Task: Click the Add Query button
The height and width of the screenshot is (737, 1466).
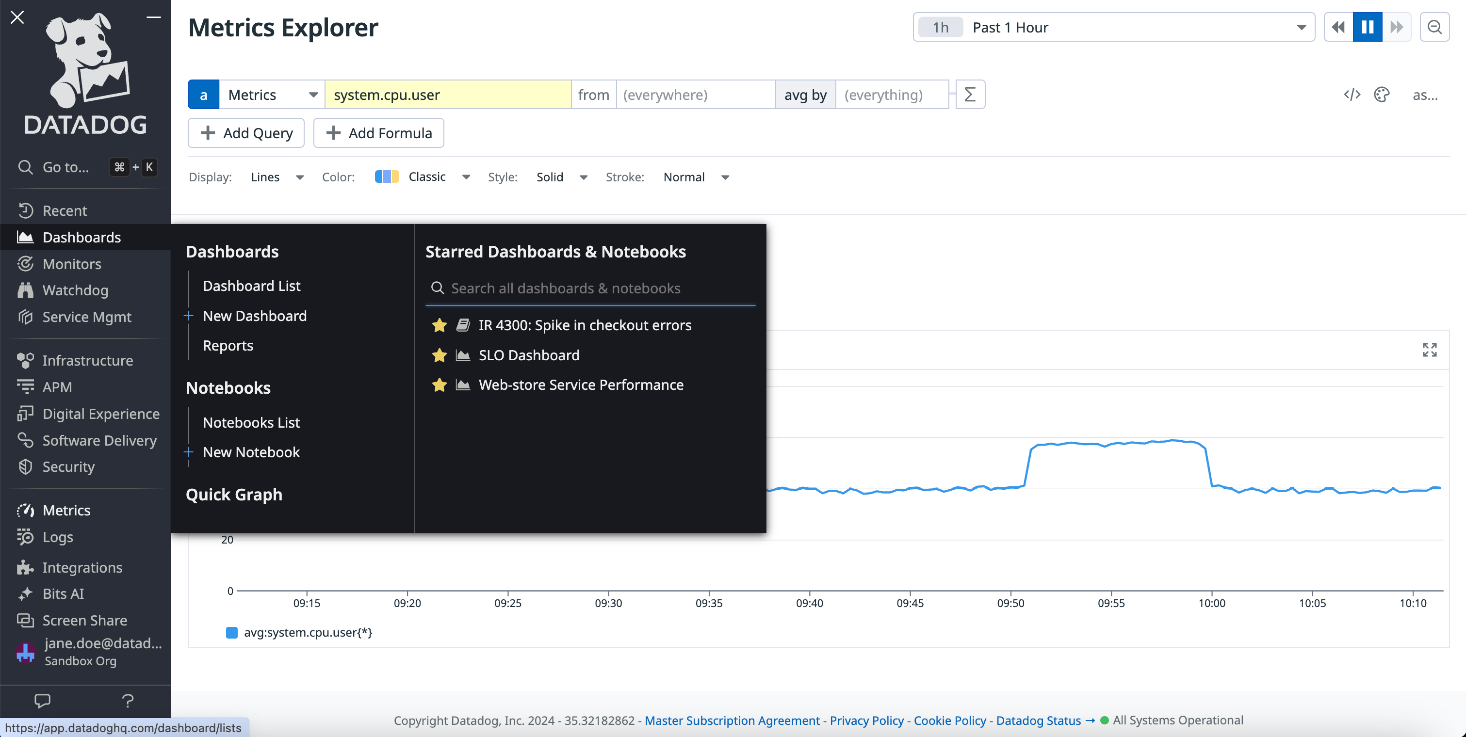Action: point(246,133)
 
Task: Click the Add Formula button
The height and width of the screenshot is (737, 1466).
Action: point(378,133)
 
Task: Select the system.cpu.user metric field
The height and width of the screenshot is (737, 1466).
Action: point(447,95)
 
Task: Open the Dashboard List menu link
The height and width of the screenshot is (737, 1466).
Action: point(252,286)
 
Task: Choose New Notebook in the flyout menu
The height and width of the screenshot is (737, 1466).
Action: point(251,452)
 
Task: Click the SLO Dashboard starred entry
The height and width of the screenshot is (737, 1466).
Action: point(529,355)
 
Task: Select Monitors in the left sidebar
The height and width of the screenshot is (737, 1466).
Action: point(72,264)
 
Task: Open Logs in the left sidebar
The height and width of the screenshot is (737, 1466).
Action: point(57,537)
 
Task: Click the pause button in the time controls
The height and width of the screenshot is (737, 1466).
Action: point(1368,27)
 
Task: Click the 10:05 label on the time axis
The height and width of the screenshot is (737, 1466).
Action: point(1312,603)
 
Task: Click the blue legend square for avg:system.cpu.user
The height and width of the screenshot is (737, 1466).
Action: point(231,632)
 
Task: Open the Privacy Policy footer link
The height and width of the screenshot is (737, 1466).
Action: point(866,721)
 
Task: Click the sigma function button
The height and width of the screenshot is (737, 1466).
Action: point(970,95)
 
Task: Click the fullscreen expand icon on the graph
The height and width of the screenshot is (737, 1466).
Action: point(1430,350)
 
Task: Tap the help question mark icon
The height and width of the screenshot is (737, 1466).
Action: point(128,701)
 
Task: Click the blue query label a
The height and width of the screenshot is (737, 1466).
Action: point(203,95)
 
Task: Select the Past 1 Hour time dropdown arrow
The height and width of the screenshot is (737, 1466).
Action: point(1301,27)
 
